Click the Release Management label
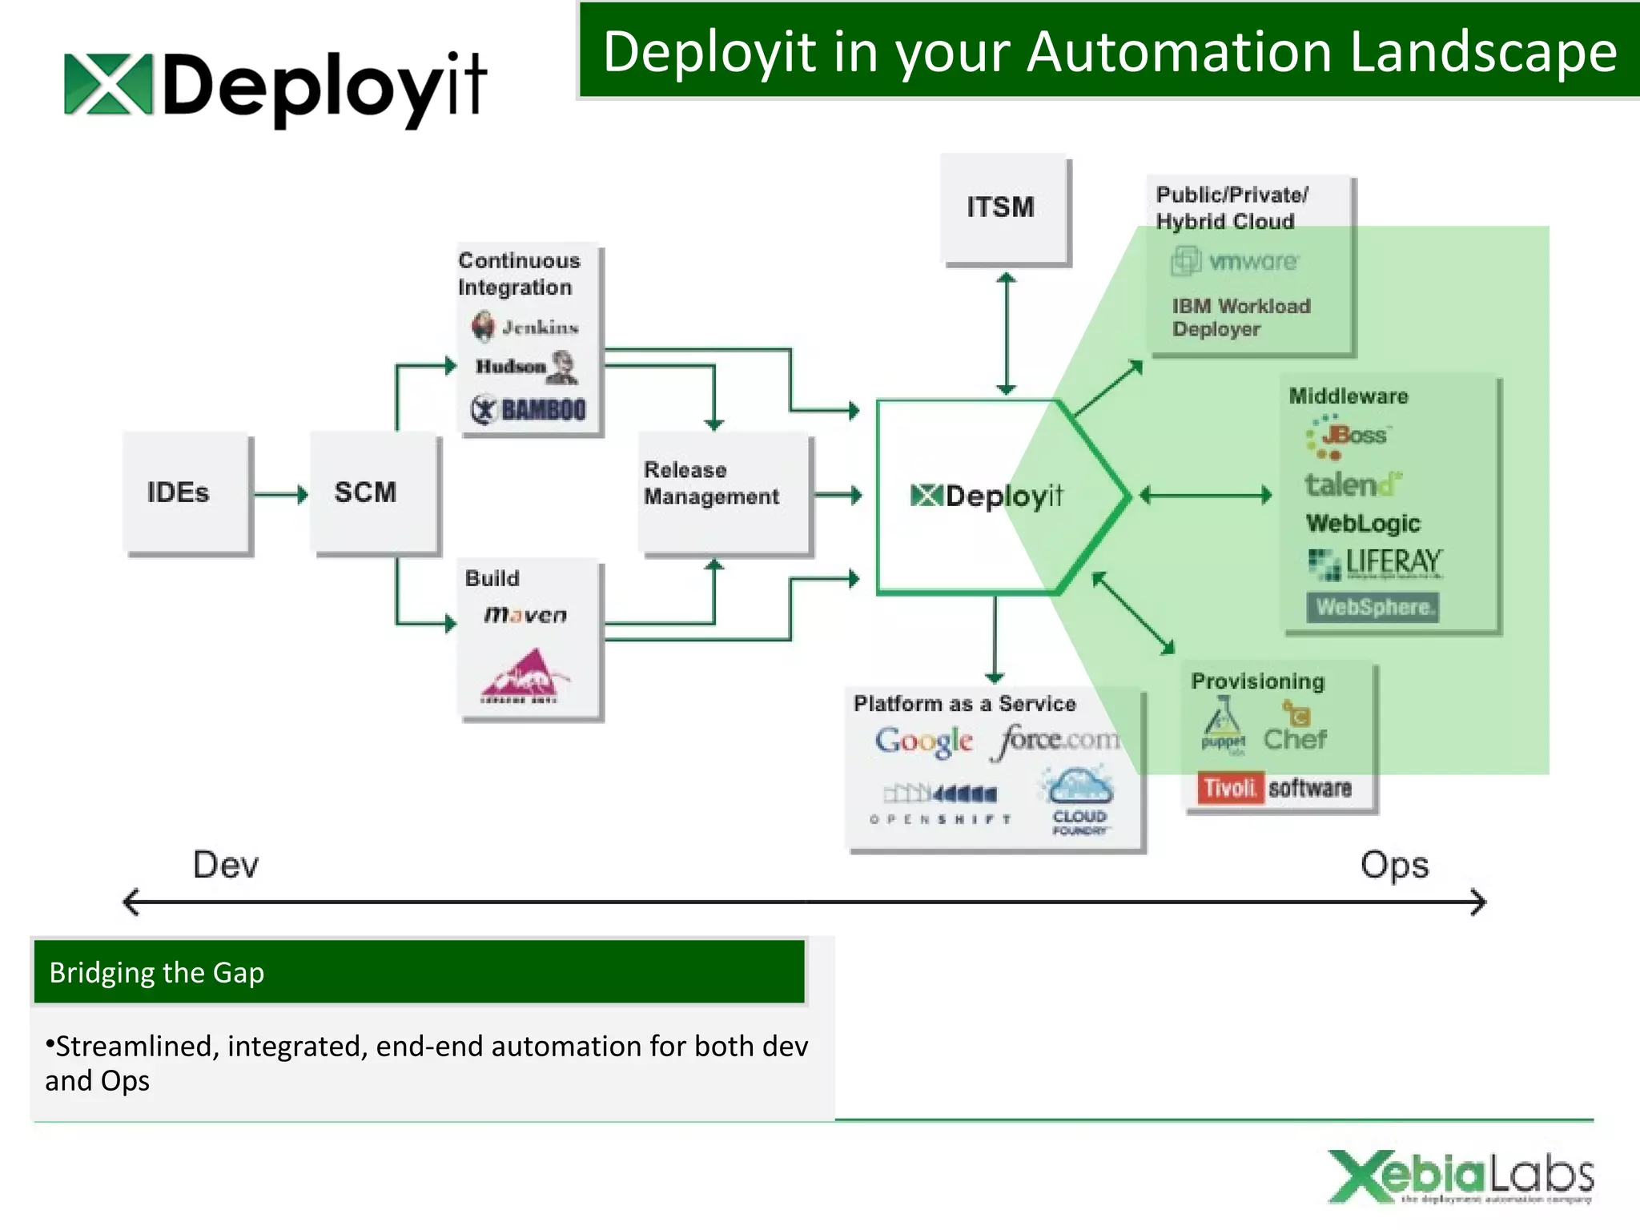click(x=711, y=483)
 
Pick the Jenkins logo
click(x=525, y=326)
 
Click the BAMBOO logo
click(x=529, y=409)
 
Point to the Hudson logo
click(x=526, y=367)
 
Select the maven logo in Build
click(x=525, y=614)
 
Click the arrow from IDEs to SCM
click(x=280, y=494)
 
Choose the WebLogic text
click(x=1363, y=523)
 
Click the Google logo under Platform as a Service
click(x=923, y=741)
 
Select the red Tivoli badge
click(x=1230, y=788)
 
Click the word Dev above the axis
click(x=226, y=865)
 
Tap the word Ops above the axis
click(x=1394, y=865)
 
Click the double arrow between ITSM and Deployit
click(x=1006, y=333)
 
